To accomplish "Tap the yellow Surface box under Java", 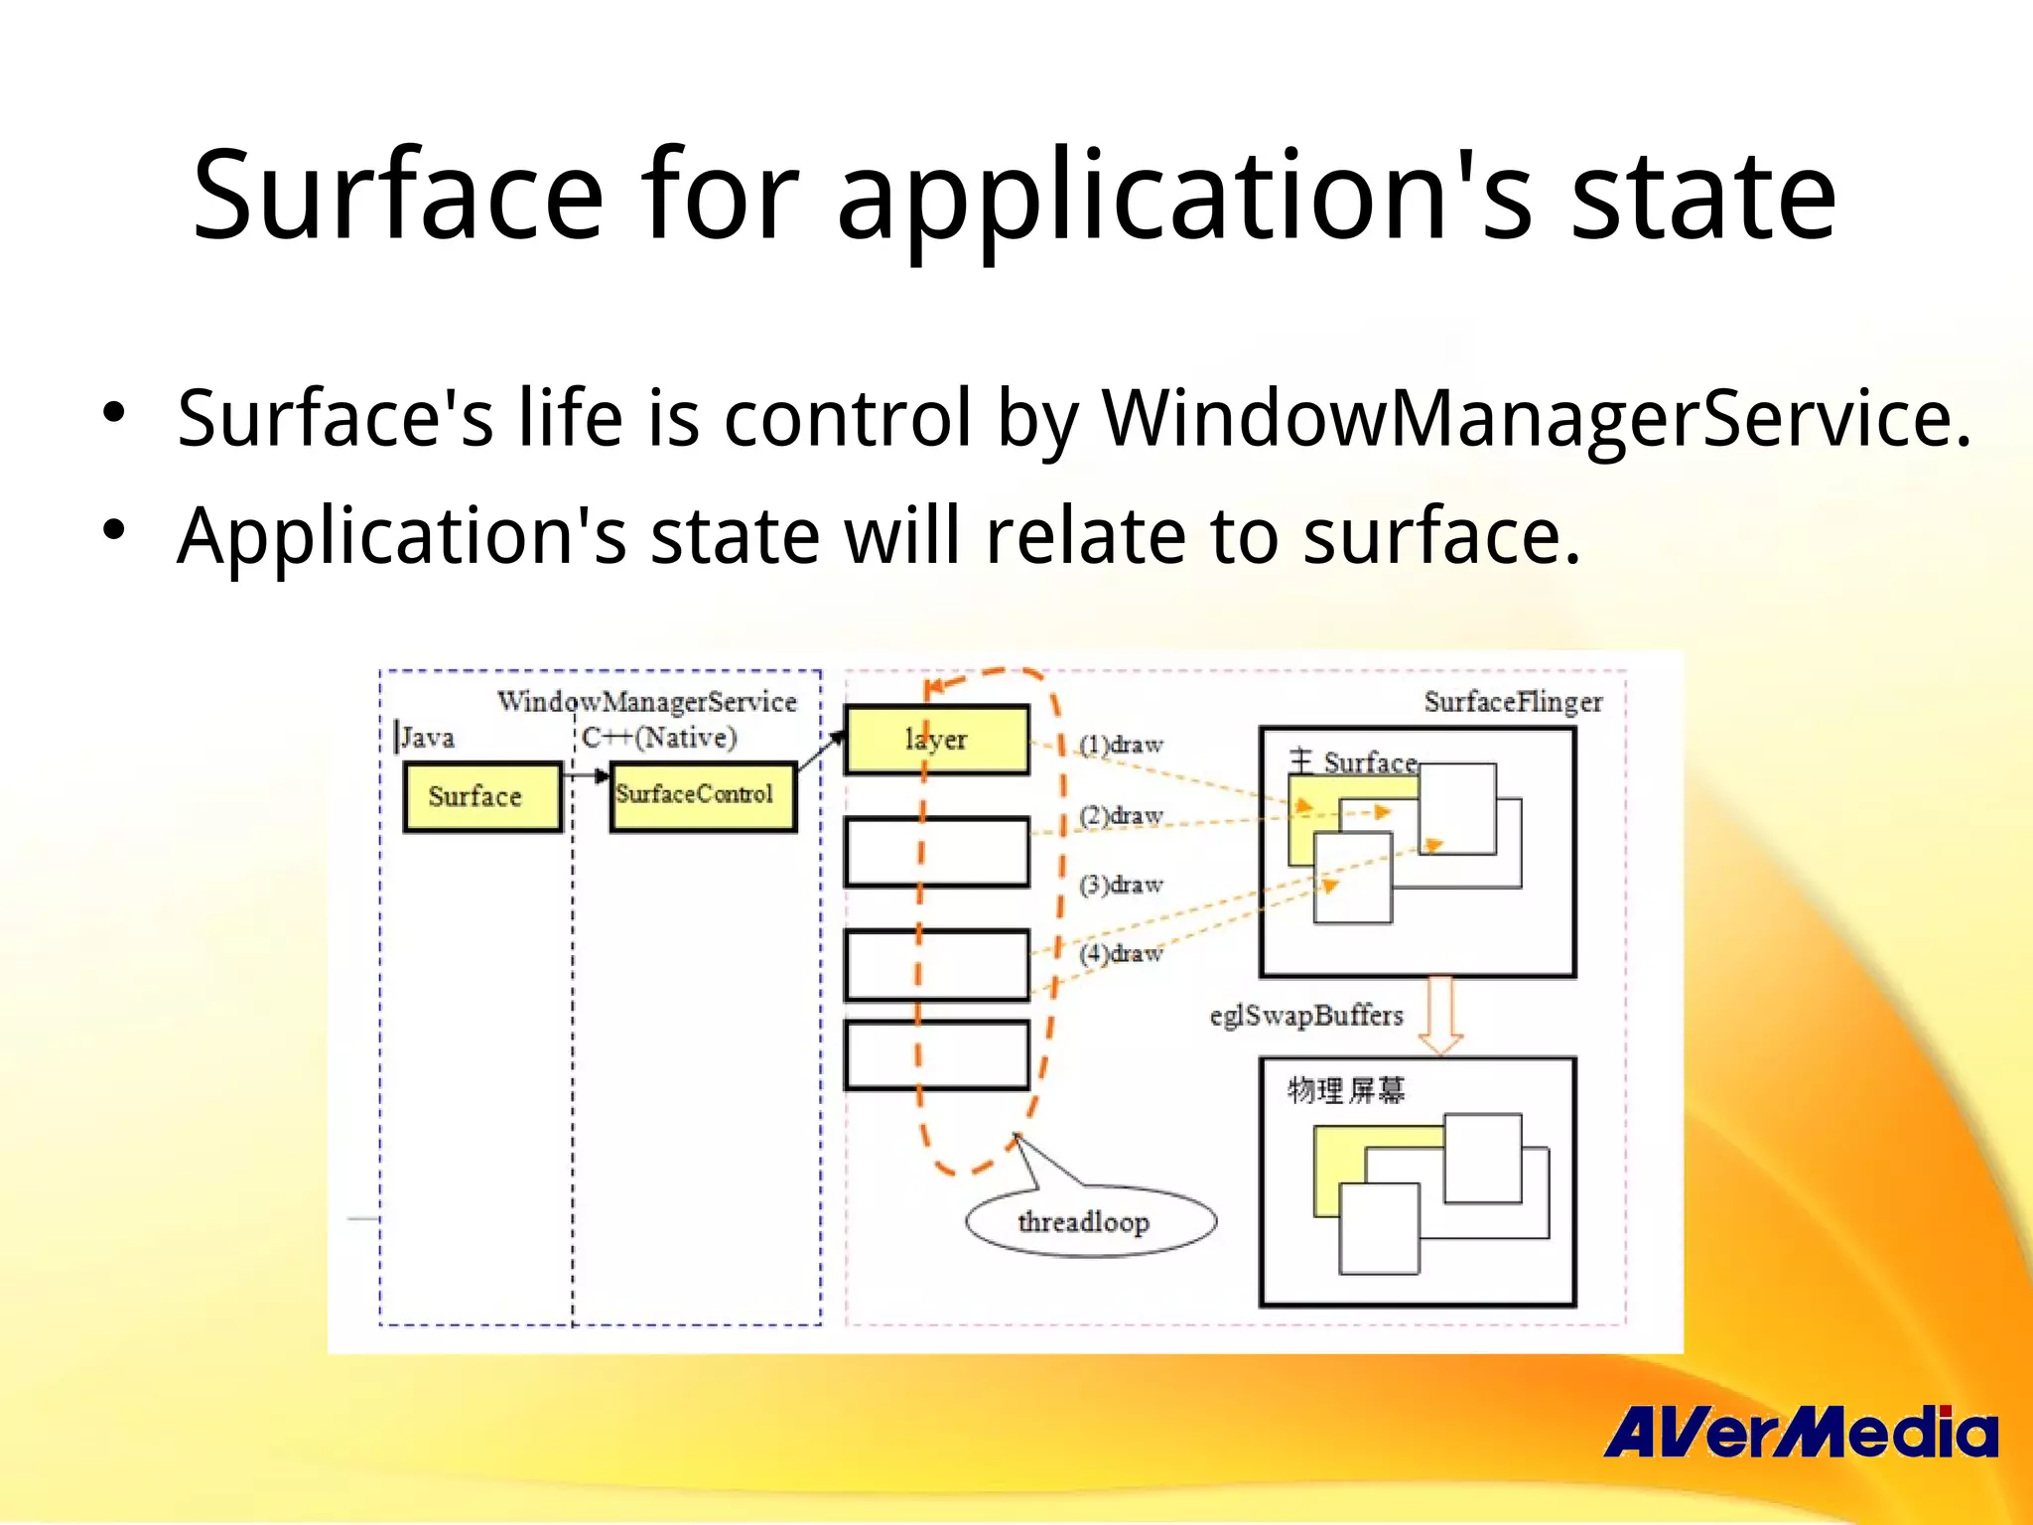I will pos(481,796).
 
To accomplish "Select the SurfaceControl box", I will pos(703,796).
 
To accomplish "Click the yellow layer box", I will pos(936,740).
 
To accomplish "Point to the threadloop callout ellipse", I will pos(1090,1221).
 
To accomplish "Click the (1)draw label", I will pos(1121,745).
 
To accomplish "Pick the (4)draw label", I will pos(1121,953).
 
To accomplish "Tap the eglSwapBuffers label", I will pos(1305,1016).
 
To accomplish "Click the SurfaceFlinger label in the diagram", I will pos(1512,702).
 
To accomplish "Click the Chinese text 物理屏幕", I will pos(1345,1090).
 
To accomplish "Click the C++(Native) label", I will pos(659,738).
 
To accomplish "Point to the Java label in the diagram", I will pos(427,738).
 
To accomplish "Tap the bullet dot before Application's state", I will pos(114,529).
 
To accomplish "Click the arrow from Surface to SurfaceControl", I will pos(586,776).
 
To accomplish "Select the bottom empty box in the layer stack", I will pos(936,1055).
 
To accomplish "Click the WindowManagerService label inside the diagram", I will pos(646,702).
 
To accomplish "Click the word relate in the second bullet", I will pos(1087,536).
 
